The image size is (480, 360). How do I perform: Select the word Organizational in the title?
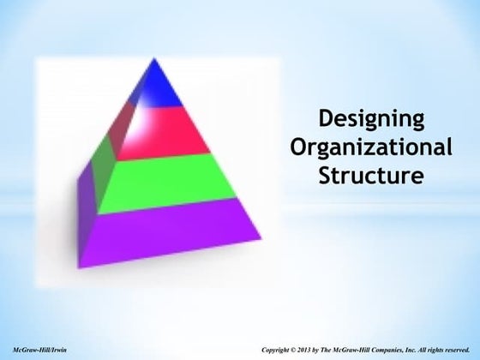pyautogui.click(x=370, y=147)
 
